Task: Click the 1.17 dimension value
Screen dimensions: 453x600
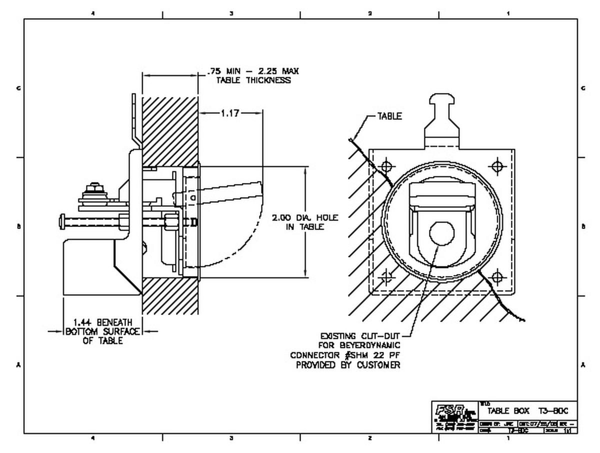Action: point(230,113)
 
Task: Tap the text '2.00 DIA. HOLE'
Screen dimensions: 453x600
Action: point(305,218)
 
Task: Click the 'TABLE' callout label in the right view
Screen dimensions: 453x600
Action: point(389,116)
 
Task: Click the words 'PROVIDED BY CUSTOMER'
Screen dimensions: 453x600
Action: point(348,365)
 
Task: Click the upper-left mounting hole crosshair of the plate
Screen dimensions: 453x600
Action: point(385,166)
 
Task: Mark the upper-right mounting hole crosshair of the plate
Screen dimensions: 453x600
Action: point(497,166)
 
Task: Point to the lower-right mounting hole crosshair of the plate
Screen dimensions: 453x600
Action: point(497,276)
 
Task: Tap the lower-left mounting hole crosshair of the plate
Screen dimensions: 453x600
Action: point(385,276)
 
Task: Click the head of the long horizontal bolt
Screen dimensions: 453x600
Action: point(62,219)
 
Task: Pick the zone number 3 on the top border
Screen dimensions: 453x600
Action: point(231,13)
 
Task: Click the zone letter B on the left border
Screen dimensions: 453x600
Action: point(18,226)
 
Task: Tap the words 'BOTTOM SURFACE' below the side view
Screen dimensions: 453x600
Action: point(102,331)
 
